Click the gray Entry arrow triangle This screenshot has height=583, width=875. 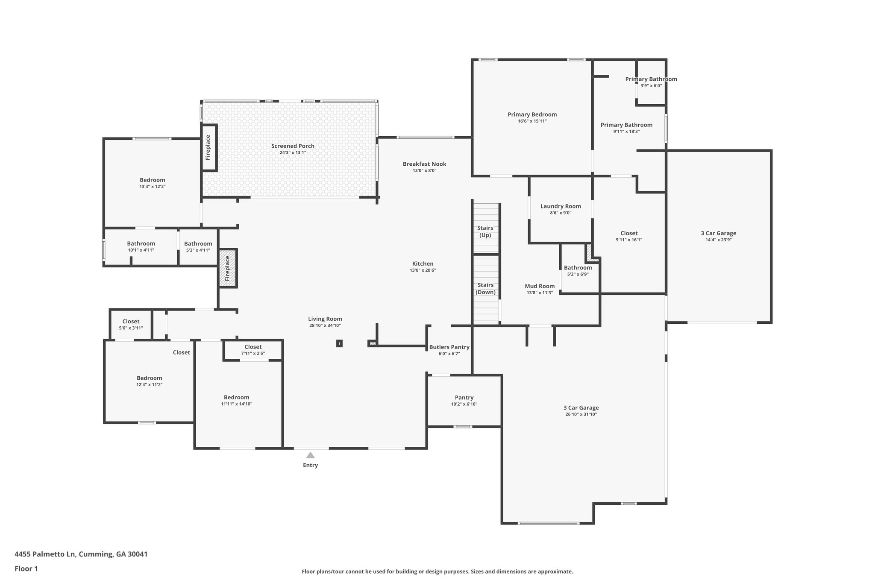click(310, 455)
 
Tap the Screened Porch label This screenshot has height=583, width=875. click(293, 146)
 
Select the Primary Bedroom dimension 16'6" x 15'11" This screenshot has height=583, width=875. click(532, 121)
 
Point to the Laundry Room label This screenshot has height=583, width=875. click(561, 206)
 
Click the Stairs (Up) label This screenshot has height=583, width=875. click(485, 231)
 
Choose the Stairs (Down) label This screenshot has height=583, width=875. click(485, 289)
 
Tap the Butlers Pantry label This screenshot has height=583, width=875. click(449, 347)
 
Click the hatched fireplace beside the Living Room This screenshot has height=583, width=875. click(227, 268)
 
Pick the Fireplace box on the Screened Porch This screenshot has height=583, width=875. click(209, 148)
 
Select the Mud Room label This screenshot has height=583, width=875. click(540, 286)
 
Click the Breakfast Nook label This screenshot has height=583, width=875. click(424, 164)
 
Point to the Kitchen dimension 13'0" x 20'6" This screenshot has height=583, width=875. click(423, 270)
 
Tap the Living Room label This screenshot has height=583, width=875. click(325, 319)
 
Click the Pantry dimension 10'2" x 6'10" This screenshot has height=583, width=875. click(464, 404)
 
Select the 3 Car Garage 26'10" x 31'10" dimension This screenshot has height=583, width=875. click(581, 414)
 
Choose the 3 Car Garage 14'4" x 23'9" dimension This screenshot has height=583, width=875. click(718, 240)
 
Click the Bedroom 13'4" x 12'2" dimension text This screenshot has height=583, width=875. click(152, 187)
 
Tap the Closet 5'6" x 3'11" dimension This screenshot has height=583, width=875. click(131, 328)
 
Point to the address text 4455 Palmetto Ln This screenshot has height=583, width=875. click(45, 554)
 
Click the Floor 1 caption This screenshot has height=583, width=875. click(26, 569)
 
